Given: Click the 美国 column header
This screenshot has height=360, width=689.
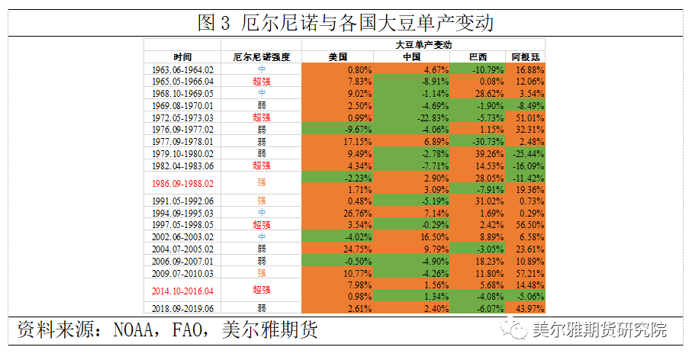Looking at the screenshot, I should coord(337,57).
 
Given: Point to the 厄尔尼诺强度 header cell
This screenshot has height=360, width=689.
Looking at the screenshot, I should coord(261,57).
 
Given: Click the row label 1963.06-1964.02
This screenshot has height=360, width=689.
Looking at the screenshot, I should coord(182,69).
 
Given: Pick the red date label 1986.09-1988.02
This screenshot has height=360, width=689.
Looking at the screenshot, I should coord(182,183).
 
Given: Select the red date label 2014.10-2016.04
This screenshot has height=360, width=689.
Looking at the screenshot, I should coord(182,290).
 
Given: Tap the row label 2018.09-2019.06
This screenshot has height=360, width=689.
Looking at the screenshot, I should coord(182,307).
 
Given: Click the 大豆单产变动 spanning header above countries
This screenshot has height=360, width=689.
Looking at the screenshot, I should coord(424,45).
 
